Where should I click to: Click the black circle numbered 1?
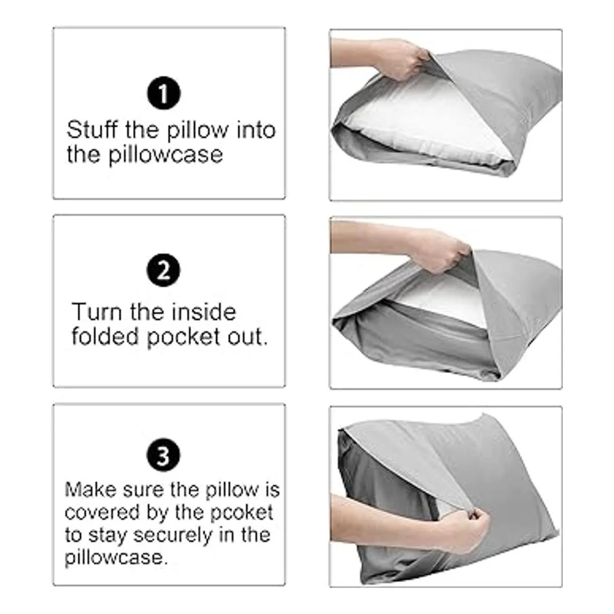pos(163,93)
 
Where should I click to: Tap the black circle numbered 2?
pos(163,270)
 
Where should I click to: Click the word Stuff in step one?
pos(92,130)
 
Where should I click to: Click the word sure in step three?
pos(144,490)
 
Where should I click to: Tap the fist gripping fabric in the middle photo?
pos(439,252)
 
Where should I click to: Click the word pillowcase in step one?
pos(165,155)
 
